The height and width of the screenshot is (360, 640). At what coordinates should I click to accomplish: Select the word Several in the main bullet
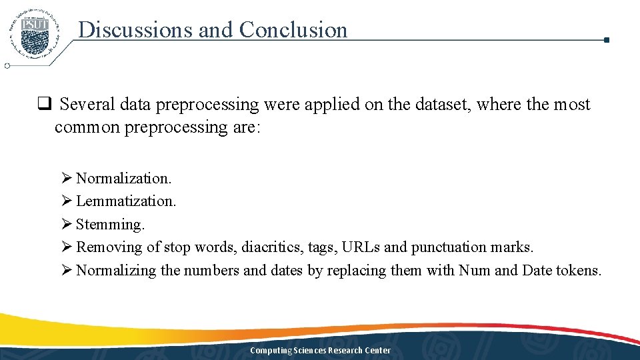click(x=87, y=105)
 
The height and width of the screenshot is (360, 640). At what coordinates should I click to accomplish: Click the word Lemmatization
click(x=125, y=201)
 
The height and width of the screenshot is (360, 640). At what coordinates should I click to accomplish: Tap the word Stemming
click(x=109, y=224)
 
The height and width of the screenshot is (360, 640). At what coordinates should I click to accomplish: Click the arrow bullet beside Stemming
click(x=66, y=224)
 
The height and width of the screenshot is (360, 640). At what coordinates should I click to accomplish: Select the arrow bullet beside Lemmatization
click(x=66, y=201)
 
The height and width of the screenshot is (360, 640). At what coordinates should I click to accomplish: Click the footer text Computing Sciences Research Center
click(x=320, y=351)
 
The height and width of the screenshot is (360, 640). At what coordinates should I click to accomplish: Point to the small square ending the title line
click(x=606, y=40)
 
